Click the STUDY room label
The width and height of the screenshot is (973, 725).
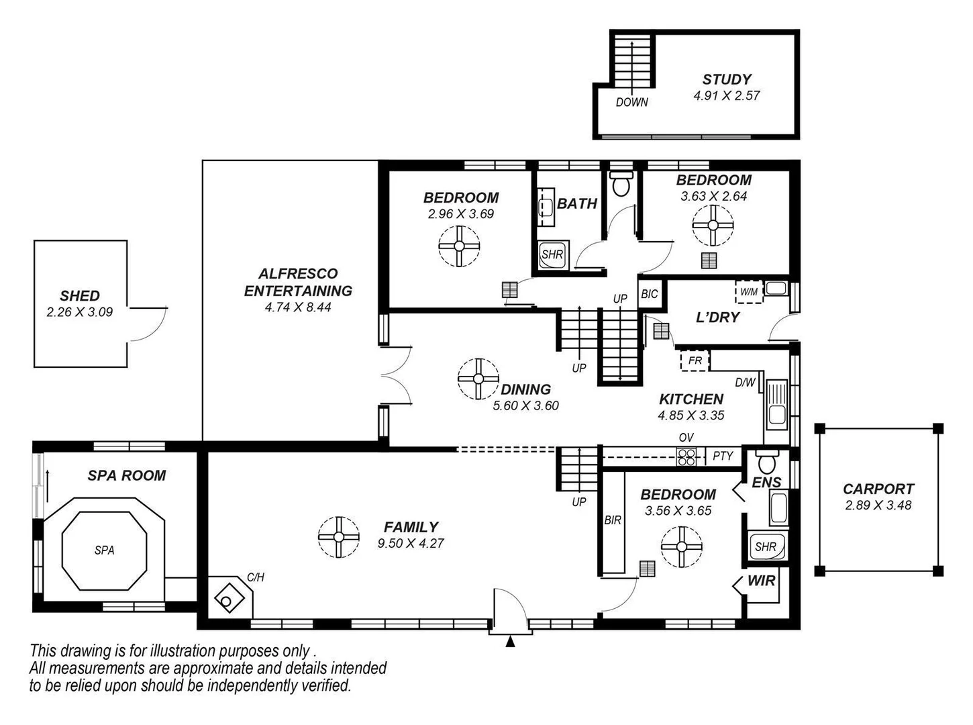(727, 79)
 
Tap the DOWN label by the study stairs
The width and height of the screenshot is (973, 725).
(632, 102)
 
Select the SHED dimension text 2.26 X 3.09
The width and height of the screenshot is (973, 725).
(80, 312)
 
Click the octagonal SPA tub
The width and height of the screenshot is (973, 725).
(104, 550)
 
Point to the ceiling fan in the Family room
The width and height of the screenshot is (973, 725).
(338, 536)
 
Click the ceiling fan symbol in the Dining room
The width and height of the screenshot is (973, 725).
(478, 379)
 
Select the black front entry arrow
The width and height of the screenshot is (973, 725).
(510, 642)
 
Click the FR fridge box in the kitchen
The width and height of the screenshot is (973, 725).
(695, 361)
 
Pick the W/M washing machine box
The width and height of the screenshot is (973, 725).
(749, 292)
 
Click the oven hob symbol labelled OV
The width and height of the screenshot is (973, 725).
(686, 457)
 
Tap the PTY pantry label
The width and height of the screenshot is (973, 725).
(723, 456)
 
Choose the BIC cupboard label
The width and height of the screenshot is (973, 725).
(650, 294)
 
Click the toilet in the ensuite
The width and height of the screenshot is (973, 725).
(766, 463)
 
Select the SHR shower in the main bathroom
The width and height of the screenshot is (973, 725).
(552, 254)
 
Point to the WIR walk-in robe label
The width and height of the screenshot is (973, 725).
(761, 581)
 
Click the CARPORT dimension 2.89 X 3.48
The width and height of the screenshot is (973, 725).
(878, 505)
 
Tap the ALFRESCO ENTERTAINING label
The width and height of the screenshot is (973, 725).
(298, 283)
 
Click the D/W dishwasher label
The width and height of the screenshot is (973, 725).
(745, 383)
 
